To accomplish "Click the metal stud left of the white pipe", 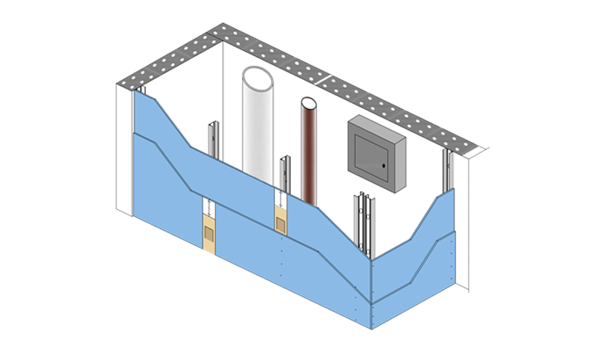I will tap(213, 138).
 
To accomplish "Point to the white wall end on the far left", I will tap(123, 149).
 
